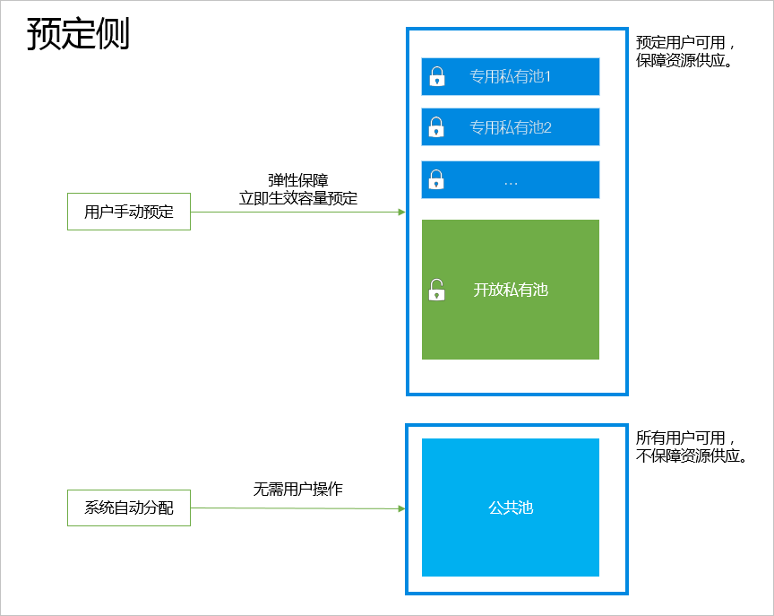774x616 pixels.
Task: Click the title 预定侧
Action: pos(78,34)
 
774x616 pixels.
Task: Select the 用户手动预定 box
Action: pos(129,213)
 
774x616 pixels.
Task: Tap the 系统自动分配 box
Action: pos(129,508)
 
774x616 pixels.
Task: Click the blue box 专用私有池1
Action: pos(511,77)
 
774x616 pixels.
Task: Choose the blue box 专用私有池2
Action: pos(511,127)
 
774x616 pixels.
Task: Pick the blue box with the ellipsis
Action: pos(511,180)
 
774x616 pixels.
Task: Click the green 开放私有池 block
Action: pos(511,290)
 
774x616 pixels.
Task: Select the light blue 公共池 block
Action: pos(511,508)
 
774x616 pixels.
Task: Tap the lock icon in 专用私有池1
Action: pos(436,77)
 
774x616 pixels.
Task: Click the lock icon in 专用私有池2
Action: pos(436,127)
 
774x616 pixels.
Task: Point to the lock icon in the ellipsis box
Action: pos(436,179)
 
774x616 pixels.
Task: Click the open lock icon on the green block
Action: pos(436,290)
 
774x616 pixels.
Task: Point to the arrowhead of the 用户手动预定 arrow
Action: pos(401,213)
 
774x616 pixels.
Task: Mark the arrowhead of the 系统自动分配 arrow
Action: pos(401,508)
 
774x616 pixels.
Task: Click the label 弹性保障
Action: pos(297,181)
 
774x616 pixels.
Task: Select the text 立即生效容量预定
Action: pos(297,199)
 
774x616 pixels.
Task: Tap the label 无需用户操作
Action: pos(297,490)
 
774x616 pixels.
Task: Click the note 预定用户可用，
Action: pos(686,43)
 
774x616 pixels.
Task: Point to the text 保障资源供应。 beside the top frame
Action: pos(685,61)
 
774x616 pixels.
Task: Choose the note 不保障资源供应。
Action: pos(692,456)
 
